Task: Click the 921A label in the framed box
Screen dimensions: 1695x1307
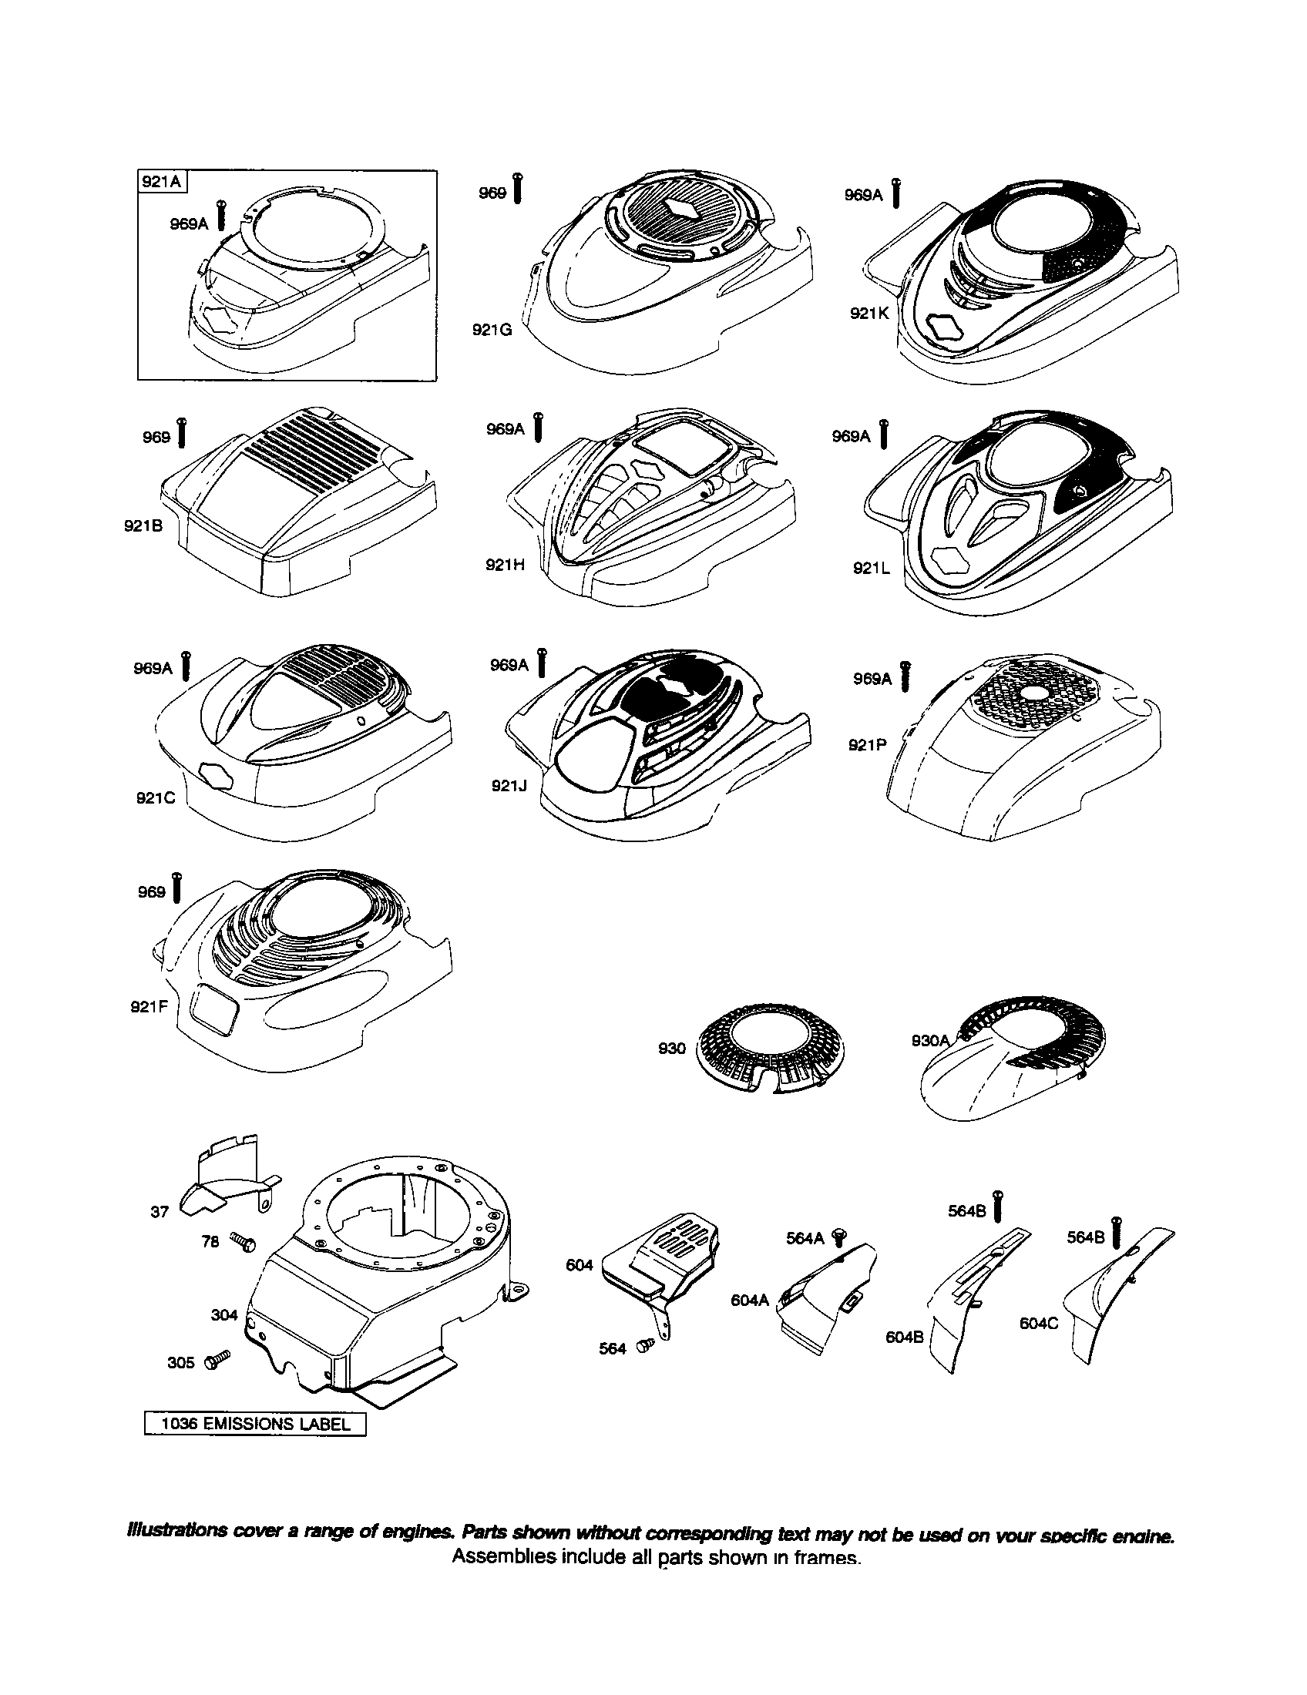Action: coord(162,183)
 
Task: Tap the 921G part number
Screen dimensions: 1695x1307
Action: coord(492,329)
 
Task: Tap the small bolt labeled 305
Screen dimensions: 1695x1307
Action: coord(218,1359)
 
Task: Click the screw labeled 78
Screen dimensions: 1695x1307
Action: coord(244,1243)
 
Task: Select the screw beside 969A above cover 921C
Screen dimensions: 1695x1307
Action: coord(186,666)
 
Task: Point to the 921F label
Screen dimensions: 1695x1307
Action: coord(149,1008)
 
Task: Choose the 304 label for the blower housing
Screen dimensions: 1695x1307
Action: coord(224,1314)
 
